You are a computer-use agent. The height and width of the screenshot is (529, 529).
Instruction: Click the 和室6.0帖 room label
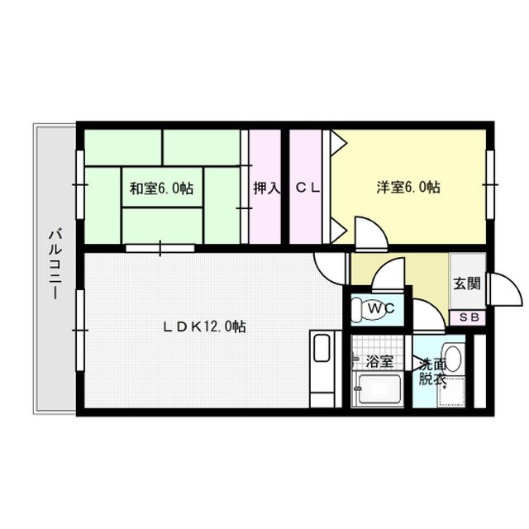(161, 188)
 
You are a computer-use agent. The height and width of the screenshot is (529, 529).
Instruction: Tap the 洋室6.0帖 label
(408, 188)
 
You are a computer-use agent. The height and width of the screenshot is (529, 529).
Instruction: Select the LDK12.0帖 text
(203, 326)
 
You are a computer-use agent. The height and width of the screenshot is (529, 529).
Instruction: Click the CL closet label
(307, 188)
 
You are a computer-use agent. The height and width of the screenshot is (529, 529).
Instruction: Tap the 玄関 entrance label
(466, 283)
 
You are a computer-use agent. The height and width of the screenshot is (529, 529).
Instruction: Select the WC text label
(381, 309)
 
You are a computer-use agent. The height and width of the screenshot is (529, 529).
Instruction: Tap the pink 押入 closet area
(264, 215)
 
